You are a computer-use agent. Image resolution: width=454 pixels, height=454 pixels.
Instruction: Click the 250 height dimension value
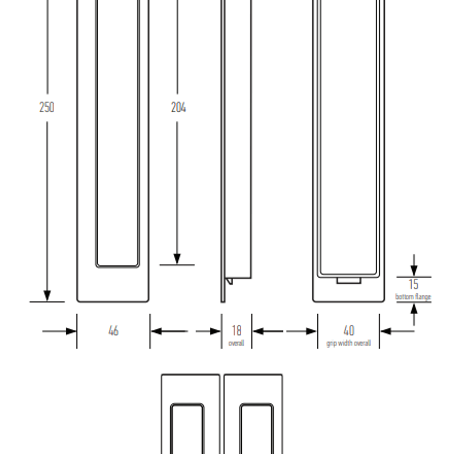[47, 107]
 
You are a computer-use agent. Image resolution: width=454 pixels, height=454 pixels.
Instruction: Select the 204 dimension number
[178, 107]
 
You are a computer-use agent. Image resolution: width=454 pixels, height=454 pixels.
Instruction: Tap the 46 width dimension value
[114, 331]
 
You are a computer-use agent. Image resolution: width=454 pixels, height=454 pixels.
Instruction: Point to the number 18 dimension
[236, 330]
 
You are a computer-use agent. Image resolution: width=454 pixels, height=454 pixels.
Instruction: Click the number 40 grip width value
[349, 330]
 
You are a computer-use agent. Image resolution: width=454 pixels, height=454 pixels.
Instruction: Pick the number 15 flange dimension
[414, 284]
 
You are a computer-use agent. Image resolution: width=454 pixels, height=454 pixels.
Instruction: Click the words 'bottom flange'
[413, 297]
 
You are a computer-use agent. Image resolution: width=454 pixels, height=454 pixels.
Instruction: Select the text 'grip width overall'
[348, 343]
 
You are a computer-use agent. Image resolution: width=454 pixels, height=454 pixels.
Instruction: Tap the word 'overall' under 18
[236, 343]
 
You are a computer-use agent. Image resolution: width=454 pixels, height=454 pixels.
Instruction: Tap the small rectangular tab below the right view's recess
[349, 281]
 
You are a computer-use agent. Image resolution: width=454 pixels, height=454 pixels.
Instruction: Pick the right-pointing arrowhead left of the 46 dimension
[71, 331]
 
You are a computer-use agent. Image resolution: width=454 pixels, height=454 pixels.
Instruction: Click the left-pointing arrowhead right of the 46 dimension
[156, 331]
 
